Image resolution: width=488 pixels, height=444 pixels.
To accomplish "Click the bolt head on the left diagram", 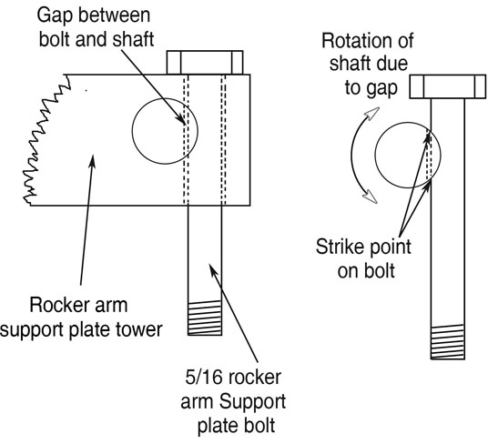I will tap(206, 62).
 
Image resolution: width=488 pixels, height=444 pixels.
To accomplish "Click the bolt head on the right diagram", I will tap(444, 85).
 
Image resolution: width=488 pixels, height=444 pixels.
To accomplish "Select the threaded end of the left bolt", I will tap(205, 321).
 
